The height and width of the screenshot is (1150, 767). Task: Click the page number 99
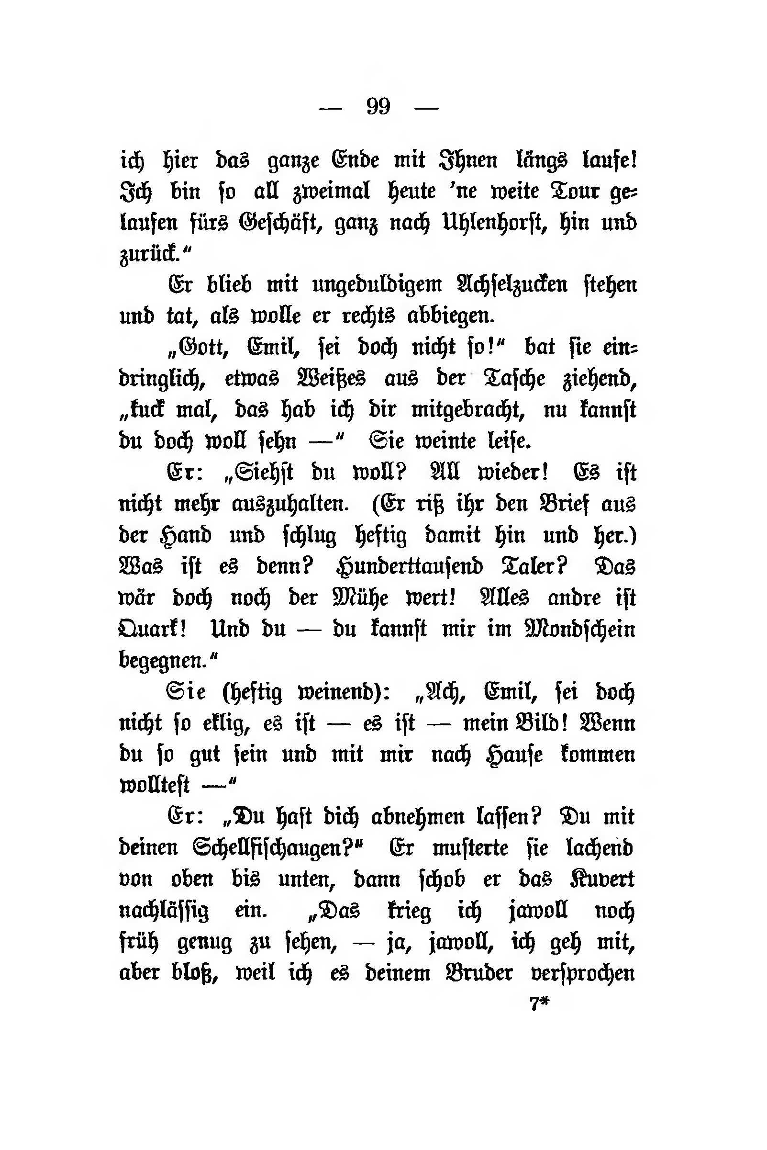click(x=378, y=106)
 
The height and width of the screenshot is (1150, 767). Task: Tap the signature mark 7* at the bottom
click(x=540, y=1004)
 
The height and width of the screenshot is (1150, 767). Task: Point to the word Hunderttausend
click(x=410, y=567)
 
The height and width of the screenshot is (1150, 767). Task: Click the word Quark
click(x=152, y=629)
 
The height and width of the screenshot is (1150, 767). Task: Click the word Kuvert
click(x=602, y=879)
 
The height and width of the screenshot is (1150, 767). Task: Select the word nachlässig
click(x=164, y=911)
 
